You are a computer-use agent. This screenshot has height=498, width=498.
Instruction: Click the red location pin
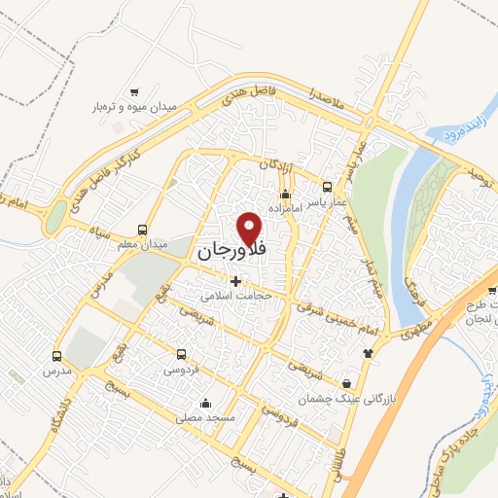click(x=251, y=228)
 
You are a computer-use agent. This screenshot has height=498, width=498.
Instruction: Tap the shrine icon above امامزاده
click(x=285, y=196)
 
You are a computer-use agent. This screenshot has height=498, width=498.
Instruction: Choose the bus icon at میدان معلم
click(x=143, y=231)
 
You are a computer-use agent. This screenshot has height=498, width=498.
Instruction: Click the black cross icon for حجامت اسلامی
click(x=235, y=281)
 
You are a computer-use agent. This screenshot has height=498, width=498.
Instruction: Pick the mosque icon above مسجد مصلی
click(x=204, y=404)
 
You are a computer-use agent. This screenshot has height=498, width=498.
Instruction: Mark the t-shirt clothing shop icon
click(x=367, y=354)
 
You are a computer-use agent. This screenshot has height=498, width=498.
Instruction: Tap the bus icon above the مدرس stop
click(x=57, y=356)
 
